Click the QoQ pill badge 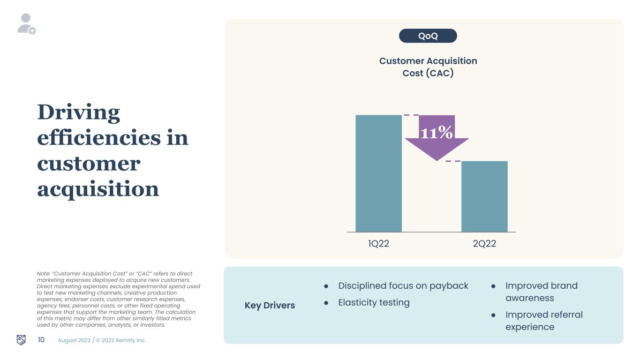click(428, 36)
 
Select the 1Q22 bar click(378, 173)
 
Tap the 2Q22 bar click(484, 196)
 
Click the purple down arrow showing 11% click(437, 138)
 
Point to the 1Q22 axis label click(378, 244)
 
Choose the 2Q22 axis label click(484, 244)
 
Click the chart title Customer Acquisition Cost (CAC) click(428, 67)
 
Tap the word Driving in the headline click(79, 112)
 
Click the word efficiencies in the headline click(99, 137)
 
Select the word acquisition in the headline click(98, 189)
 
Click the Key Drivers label click(270, 305)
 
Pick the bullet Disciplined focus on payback click(403, 286)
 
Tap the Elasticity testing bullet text click(374, 302)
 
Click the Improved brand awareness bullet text click(542, 292)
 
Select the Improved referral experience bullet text click(544, 321)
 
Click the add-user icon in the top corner click(26, 24)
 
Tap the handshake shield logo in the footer click(21, 340)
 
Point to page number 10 click(41, 340)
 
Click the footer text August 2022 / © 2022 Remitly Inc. click(102, 340)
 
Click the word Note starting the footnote click(43, 273)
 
